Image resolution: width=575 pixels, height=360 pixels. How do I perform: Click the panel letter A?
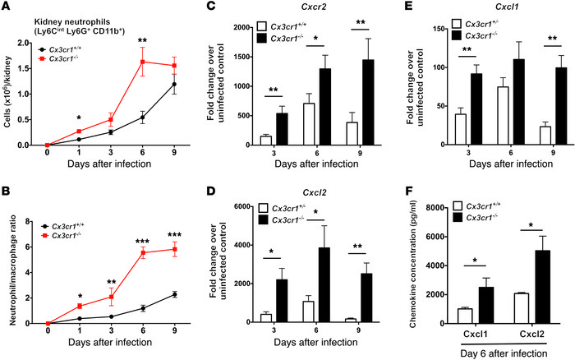click(x=7, y=8)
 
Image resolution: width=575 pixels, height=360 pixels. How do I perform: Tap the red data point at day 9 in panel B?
click(x=173, y=249)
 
